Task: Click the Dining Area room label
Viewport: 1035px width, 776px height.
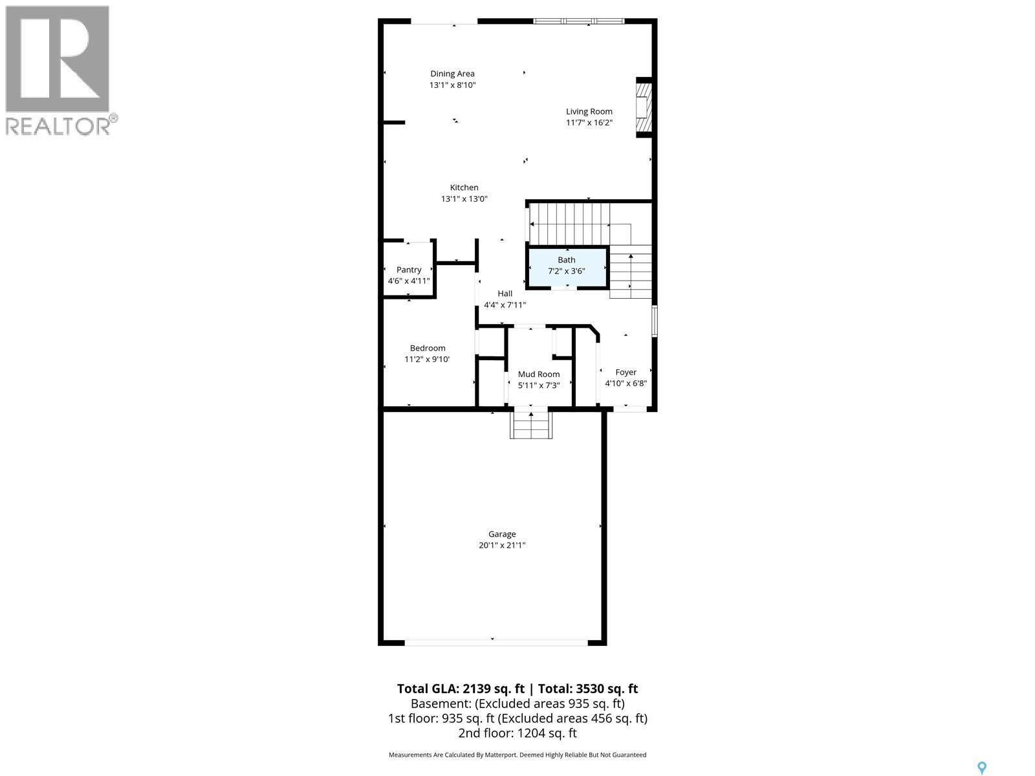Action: pyautogui.click(x=452, y=74)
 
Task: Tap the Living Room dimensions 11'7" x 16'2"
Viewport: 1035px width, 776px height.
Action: pyautogui.click(x=589, y=123)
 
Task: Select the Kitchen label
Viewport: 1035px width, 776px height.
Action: pyautogui.click(x=464, y=188)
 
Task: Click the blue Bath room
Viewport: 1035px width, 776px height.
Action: pyautogui.click(x=567, y=266)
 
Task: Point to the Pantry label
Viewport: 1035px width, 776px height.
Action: pyautogui.click(x=409, y=270)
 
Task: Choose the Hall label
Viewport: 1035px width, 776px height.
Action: pyautogui.click(x=505, y=294)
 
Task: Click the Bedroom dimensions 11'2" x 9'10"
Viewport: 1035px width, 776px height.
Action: pyautogui.click(x=427, y=360)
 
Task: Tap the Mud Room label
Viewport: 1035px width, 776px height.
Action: pyautogui.click(x=539, y=374)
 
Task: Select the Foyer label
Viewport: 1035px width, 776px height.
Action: pyautogui.click(x=626, y=372)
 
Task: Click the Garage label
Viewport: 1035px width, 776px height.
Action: pyautogui.click(x=502, y=534)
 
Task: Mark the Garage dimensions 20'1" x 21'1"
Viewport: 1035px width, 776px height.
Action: pyautogui.click(x=502, y=546)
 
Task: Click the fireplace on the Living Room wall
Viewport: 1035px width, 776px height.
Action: pyautogui.click(x=643, y=107)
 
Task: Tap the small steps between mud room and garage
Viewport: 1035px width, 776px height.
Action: pyautogui.click(x=531, y=425)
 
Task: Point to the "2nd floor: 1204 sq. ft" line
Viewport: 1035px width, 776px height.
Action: pyautogui.click(x=517, y=733)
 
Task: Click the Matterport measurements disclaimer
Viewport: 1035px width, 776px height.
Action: pyautogui.click(x=517, y=755)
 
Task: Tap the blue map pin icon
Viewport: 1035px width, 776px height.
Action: pyautogui.click(x=981, y=768)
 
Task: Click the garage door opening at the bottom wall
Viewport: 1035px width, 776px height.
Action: pyautogui.click(x=496, y=642)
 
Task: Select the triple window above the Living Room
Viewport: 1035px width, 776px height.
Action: pyautogui.click(x=579, y=21)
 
